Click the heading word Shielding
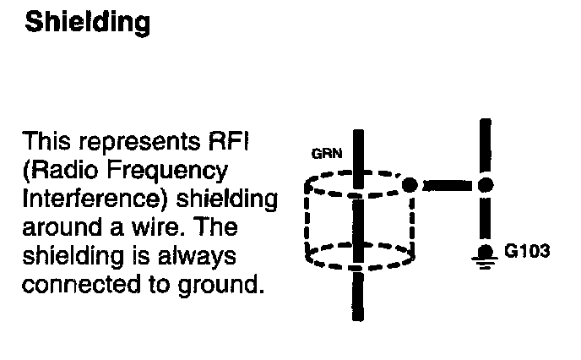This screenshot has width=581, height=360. click(x=88, y=23)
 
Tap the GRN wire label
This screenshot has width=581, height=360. click(x=322, y=155)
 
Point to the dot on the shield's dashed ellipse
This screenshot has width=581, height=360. click(x=409, y=184)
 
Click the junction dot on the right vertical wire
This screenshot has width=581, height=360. click(x=485, y=184)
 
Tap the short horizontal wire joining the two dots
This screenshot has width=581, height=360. click(x=447, y=184)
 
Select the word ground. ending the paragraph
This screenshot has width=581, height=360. click(x=217, y=284)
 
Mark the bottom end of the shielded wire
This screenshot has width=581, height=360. click(x=358, y=315)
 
